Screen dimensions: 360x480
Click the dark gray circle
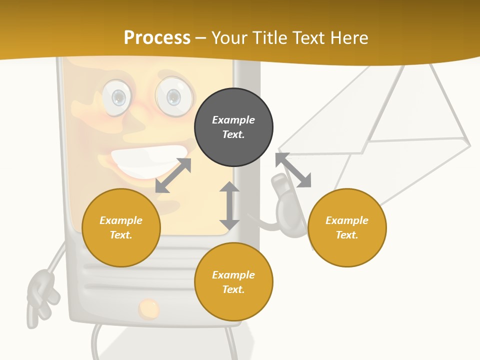[x=233, y=127]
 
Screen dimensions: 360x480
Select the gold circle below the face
[x=121, y=227]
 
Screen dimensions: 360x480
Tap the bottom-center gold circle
[x=233, y=282]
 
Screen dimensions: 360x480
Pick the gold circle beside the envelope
[x=347, y=227]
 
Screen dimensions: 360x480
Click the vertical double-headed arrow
[x=229, y=205]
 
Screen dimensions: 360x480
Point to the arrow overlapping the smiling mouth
[x=173, y=175]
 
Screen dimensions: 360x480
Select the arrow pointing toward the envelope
[x=293, y=170]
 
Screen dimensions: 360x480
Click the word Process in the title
[x=157, y=37]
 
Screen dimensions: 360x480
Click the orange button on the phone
[x=149, y=308]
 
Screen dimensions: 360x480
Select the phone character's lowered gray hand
[x=42, y=295]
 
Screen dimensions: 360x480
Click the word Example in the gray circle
[x=233, y=120]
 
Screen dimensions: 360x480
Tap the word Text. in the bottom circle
[x=233, y=289]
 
